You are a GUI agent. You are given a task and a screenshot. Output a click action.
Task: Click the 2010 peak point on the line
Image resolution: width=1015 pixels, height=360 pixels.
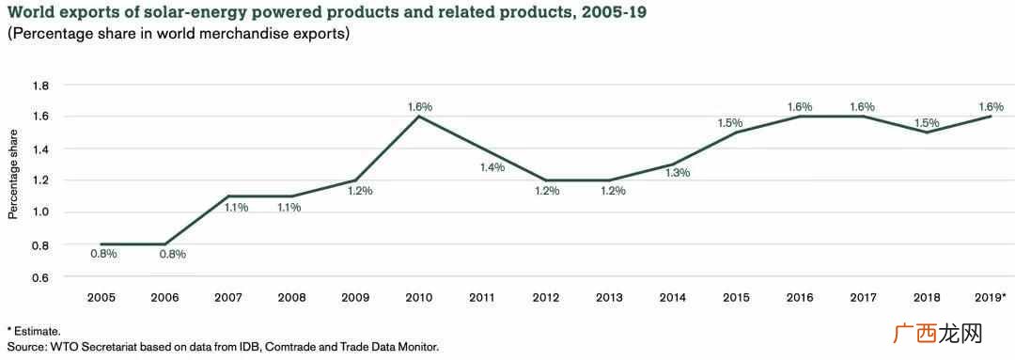click(419, 117)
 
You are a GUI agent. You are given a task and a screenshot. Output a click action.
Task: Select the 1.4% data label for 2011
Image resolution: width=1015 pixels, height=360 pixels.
click(492, 167)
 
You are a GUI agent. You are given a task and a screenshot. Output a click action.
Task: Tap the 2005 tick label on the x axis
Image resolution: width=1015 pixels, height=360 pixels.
click(101, 298)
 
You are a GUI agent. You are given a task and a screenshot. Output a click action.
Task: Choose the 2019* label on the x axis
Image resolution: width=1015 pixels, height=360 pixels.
click(990, 298)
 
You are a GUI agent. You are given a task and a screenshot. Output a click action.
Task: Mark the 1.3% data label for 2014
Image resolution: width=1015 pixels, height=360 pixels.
click(677, 173)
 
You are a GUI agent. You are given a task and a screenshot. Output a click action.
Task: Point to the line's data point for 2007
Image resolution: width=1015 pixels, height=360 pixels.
click(228, 196)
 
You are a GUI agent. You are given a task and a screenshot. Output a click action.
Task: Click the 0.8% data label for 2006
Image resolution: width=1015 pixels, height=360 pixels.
click(173, 254)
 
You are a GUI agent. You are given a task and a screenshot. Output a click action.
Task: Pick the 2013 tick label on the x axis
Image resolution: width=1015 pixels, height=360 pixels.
click(610, 298)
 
